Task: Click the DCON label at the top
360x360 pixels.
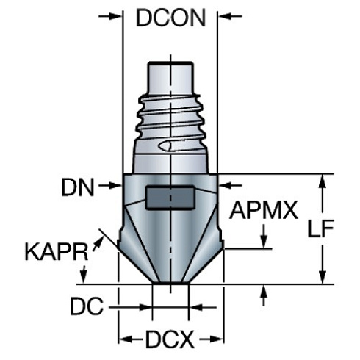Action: point(170,18)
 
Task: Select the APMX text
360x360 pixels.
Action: point(263,212)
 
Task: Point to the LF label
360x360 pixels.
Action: point(321,228)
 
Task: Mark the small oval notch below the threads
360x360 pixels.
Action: point(168,147)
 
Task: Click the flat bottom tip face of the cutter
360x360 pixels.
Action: point(170,281)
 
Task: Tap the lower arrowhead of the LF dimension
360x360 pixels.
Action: point(321,277)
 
